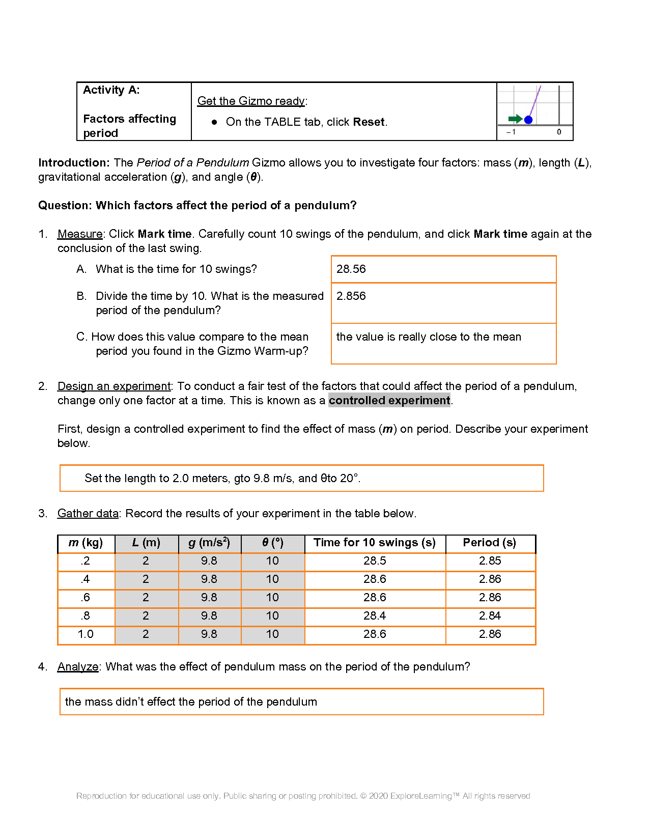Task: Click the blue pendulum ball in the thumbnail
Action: click(528, 120)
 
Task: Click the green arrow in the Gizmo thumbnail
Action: click(515, 119)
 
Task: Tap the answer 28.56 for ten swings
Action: click(351, 269)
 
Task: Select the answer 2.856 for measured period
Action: click(351, 296)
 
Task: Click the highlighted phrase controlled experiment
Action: click(389, 400)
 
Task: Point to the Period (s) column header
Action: click(489, 543)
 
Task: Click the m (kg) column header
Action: click(86, 543)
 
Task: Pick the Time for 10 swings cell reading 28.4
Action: click(375, 615)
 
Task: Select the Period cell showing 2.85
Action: click(490, 561)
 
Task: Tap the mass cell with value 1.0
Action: click(86, 634)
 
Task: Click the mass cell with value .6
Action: click(86, 597)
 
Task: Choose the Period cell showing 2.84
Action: click(490, 615)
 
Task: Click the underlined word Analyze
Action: click(78, 666)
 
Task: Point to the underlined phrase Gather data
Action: click(88, 513)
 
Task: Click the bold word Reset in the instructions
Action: click(369, 122)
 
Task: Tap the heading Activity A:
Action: click(111, 90)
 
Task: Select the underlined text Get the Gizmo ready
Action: click(251, 101)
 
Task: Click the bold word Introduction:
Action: click(74, 162)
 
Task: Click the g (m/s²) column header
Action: click(209, 543)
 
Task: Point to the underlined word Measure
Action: click(80, 234)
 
